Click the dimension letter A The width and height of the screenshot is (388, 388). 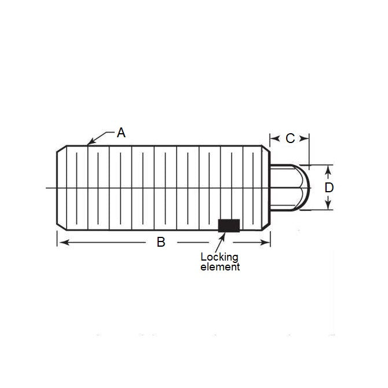tap(121, 133)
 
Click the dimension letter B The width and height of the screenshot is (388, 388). tap(161, 242)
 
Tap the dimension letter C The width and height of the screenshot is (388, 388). tap(290, 138)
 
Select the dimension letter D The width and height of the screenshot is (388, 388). tap(328, 188)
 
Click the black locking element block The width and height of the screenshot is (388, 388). tap(228, 225)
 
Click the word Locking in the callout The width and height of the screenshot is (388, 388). tap(219, 257)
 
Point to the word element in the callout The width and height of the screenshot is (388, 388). tap(219, 267)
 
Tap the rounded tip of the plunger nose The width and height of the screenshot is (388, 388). tap(308, 187)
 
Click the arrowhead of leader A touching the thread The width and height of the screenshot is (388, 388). tap(89, 142)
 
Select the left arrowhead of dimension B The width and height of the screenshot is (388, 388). tap(60, 242)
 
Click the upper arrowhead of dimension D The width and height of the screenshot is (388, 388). tap(328, 168)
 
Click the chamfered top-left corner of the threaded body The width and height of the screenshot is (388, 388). tap(61, 149)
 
